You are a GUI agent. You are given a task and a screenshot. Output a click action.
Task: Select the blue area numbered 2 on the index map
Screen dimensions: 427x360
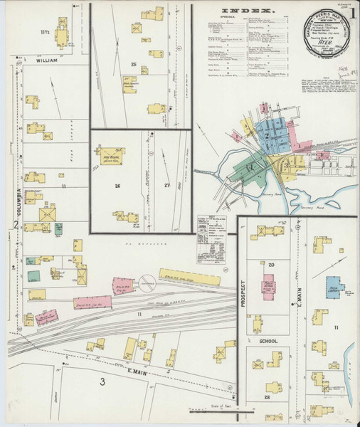[268, 135]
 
